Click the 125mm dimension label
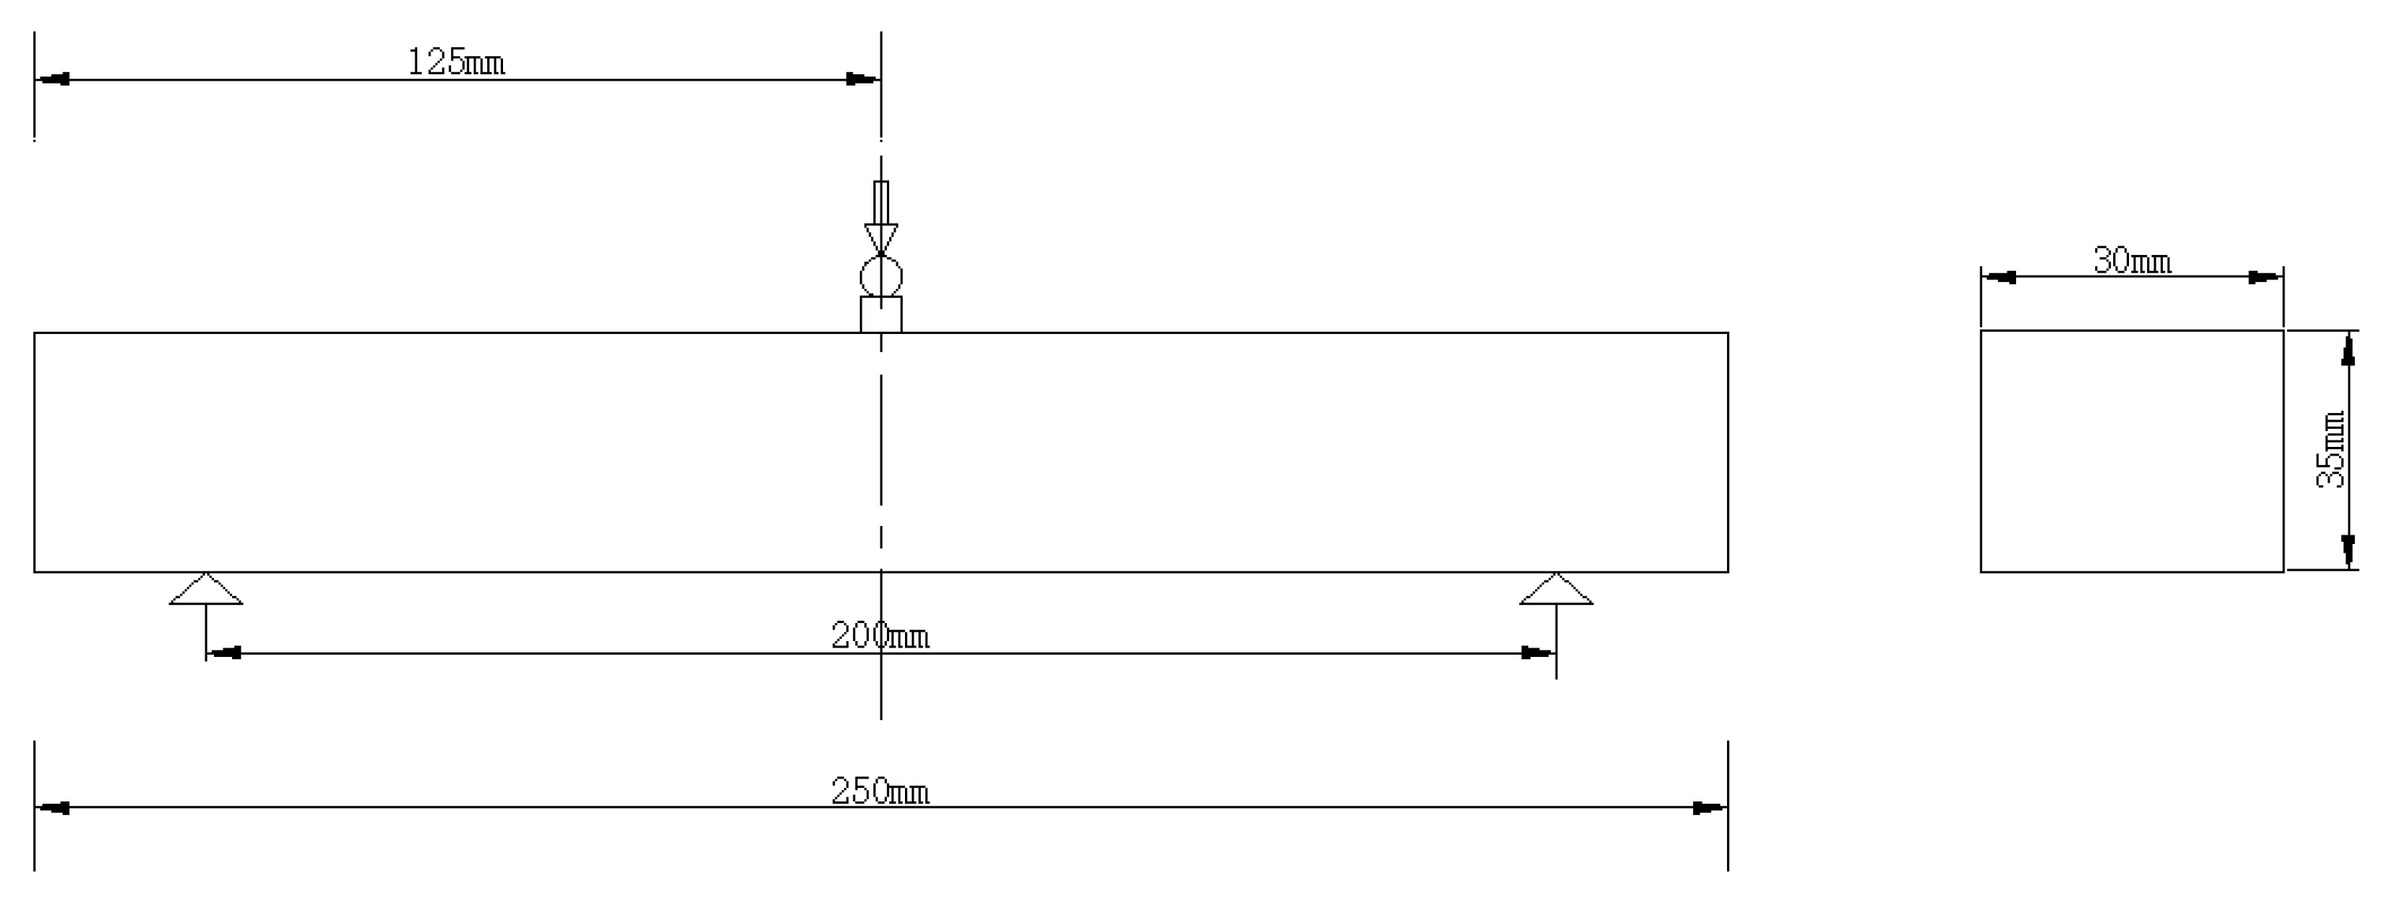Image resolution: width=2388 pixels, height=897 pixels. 456,62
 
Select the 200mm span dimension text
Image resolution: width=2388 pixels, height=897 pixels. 879,636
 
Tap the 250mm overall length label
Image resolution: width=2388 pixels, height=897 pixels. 879,791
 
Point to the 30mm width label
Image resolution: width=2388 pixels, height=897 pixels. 2132,261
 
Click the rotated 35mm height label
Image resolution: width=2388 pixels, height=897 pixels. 2330,449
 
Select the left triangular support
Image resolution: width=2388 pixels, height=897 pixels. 206,591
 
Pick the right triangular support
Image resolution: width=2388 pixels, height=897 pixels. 1556,591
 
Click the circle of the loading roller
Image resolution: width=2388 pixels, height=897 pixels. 880,276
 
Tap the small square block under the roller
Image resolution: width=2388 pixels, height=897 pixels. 880,314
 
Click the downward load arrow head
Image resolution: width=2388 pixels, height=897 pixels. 880,236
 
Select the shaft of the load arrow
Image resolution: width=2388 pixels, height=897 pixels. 880,202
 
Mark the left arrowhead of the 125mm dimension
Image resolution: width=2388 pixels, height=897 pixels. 52,80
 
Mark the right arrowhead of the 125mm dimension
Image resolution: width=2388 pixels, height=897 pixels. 863,80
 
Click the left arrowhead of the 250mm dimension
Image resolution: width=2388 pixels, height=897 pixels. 52,808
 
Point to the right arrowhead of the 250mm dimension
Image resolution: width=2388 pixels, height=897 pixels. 1710,808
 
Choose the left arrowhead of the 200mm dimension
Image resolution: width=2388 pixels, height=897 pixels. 223,653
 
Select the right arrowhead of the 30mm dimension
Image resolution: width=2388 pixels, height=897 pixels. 2266,277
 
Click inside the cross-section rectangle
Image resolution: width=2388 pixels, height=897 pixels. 2132,452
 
